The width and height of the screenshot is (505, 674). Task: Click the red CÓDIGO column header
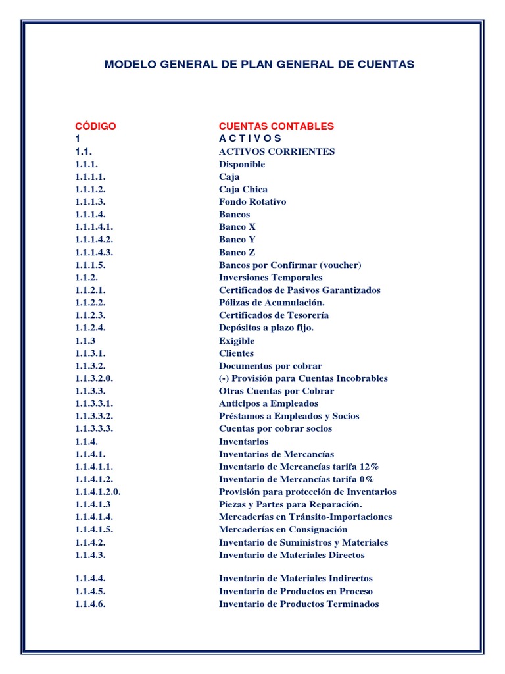[x=95, y=126]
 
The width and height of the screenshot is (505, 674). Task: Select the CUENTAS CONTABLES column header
[x=276, y=126]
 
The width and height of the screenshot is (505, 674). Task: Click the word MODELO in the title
[x=127, y=65]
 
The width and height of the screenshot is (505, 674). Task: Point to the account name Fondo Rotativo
[x=252, y=202]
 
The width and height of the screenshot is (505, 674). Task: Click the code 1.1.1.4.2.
[x=94, y=240]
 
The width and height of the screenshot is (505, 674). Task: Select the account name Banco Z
[x=237, y=252]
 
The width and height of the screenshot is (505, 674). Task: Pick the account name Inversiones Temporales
[x=271, y=278]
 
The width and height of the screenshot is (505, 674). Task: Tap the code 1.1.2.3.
[x=90, y=315]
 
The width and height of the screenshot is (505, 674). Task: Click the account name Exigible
[x=237, y=341]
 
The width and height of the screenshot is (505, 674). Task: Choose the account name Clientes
[x=236, y=353]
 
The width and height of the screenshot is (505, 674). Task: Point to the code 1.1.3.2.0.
[x=94, y=378]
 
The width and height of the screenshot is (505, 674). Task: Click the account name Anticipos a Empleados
[x=268, y=403]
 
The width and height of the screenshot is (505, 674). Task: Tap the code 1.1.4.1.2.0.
[x=98, y=492]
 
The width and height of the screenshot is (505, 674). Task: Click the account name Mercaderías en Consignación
[x=283, y=529]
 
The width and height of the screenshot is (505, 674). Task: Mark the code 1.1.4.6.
[x=90, y=604]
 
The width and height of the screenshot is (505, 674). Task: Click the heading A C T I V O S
[x=250, y=138]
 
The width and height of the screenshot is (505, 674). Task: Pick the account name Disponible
[x=242, y=164]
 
